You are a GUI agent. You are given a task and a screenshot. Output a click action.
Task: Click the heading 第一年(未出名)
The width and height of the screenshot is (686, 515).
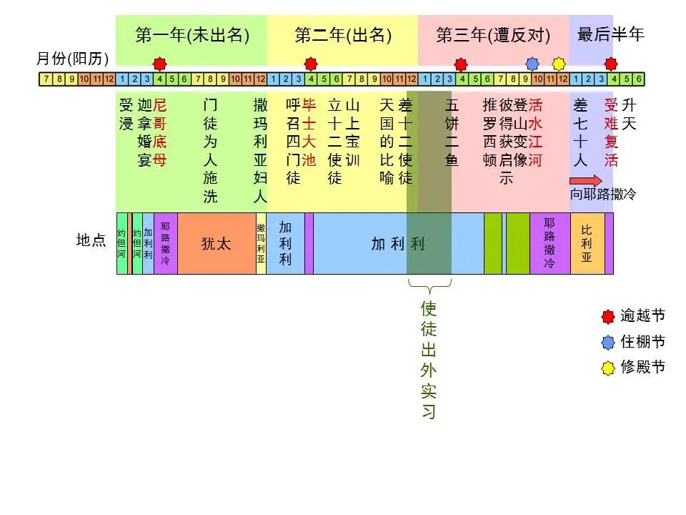[192, 34]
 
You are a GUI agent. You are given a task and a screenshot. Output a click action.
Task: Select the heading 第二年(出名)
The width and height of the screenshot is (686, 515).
[343, 34]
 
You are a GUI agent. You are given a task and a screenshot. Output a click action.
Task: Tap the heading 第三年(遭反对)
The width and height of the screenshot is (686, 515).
[493, 34]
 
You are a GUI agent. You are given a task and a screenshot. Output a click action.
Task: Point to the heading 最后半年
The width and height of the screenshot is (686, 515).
[610, 34]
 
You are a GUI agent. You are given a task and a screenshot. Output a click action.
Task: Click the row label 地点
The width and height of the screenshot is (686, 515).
[91, 240]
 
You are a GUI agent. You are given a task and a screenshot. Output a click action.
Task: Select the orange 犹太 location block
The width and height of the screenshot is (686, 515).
[217, 243]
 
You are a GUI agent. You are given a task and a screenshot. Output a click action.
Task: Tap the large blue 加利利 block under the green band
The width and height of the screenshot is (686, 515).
[397, 243]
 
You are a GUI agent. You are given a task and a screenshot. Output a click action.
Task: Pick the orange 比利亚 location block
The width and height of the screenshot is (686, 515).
[587, 243]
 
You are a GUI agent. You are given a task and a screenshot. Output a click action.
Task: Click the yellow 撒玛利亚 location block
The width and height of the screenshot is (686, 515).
[261, 243]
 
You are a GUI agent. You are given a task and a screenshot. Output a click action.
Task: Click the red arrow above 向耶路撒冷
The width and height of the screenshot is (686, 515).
[585, 180]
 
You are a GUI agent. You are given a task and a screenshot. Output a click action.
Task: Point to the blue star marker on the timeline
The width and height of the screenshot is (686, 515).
[532, 63]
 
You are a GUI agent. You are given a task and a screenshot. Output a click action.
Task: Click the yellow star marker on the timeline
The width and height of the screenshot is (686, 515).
[559, 63]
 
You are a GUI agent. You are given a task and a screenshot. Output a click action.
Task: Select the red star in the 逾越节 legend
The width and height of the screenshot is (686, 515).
[608, 315]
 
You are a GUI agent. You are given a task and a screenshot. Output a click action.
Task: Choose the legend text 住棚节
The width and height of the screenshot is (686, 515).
[643, 341]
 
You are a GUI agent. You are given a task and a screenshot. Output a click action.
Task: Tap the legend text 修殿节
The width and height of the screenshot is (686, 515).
[643, 367]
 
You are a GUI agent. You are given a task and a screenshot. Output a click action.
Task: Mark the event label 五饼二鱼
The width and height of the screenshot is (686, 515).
[452, 132]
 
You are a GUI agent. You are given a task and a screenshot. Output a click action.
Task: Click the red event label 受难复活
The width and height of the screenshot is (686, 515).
[611, 132]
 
